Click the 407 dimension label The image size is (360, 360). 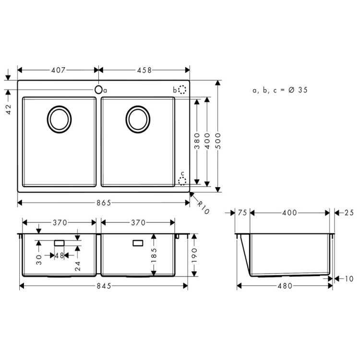58,70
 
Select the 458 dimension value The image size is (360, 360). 144,70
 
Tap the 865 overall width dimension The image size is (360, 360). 103,203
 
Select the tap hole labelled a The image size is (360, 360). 99,90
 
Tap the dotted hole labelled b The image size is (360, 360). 182,90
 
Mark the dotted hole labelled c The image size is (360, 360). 182,180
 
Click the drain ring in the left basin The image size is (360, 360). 60,119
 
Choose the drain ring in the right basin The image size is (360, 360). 138,119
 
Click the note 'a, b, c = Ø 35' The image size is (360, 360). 280,90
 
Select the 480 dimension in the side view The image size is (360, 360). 286,286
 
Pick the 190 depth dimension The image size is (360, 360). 194,255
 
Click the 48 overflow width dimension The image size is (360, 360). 60,256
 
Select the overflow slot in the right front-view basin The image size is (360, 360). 138,242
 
